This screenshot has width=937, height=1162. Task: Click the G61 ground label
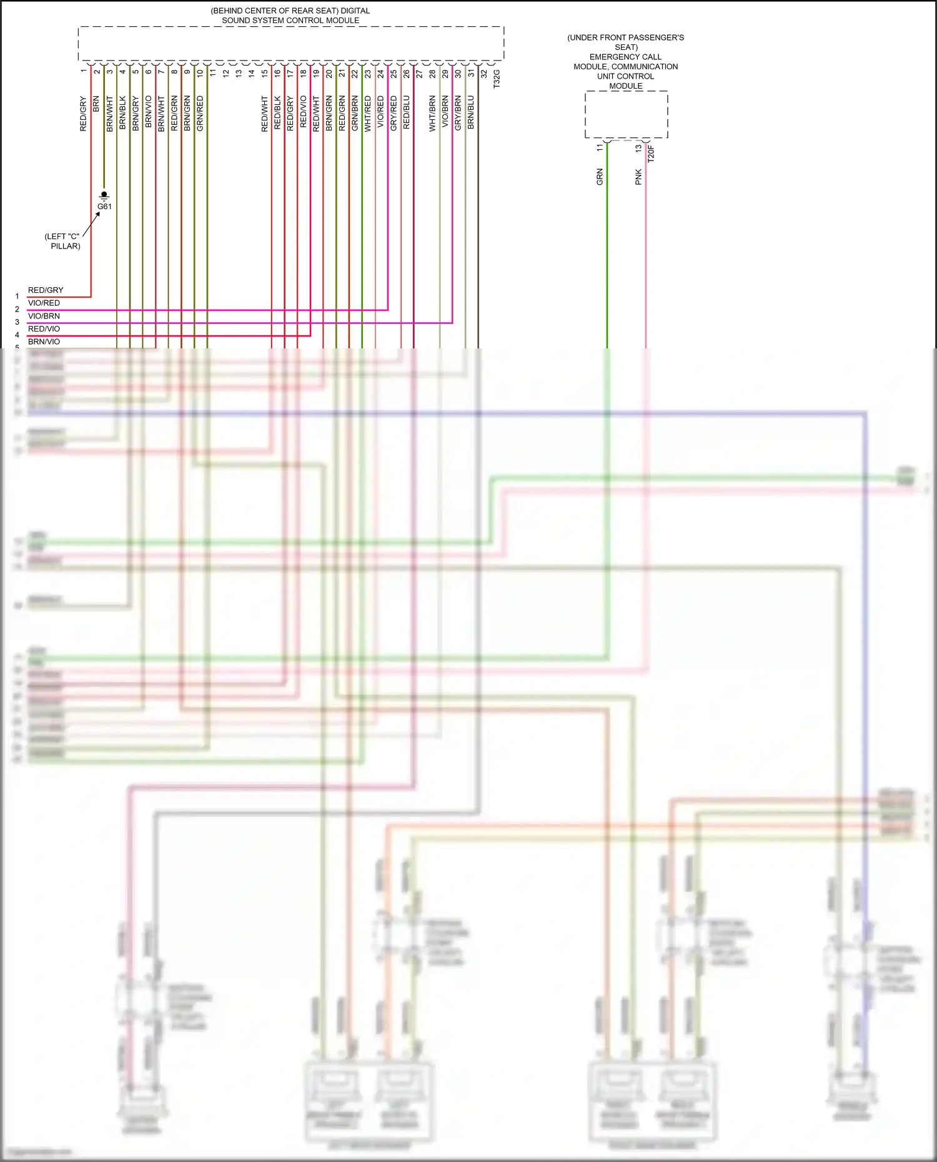tap(104, 207)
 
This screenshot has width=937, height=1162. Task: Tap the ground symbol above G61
tap(104, 195)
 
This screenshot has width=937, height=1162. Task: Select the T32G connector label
tap(497, 79)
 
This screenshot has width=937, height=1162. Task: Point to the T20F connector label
tap(650, 154)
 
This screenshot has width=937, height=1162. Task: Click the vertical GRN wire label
tap(600, 177)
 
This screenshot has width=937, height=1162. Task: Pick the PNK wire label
tap(638, 177)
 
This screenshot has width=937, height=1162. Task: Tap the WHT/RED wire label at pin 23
tap(367, 113)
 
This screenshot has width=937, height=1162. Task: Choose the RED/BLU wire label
tap(406, 112)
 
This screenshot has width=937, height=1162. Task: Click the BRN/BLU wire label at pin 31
tap(471, 112)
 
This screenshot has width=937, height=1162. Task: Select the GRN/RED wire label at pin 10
tap(200, 113)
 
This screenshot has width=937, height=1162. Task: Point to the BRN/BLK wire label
tap(122, 113)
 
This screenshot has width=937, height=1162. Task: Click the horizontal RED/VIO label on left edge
tap(44, 329)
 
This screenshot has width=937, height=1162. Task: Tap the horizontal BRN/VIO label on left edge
tap(44, 342)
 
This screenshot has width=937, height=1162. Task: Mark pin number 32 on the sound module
tap(483, 74)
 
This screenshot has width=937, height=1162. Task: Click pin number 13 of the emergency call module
tap(638, 149)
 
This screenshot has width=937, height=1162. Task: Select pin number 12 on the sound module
tap(226, 73)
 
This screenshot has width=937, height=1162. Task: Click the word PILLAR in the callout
tap(66, 246)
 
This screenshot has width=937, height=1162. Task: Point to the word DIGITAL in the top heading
tap(355, 11)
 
